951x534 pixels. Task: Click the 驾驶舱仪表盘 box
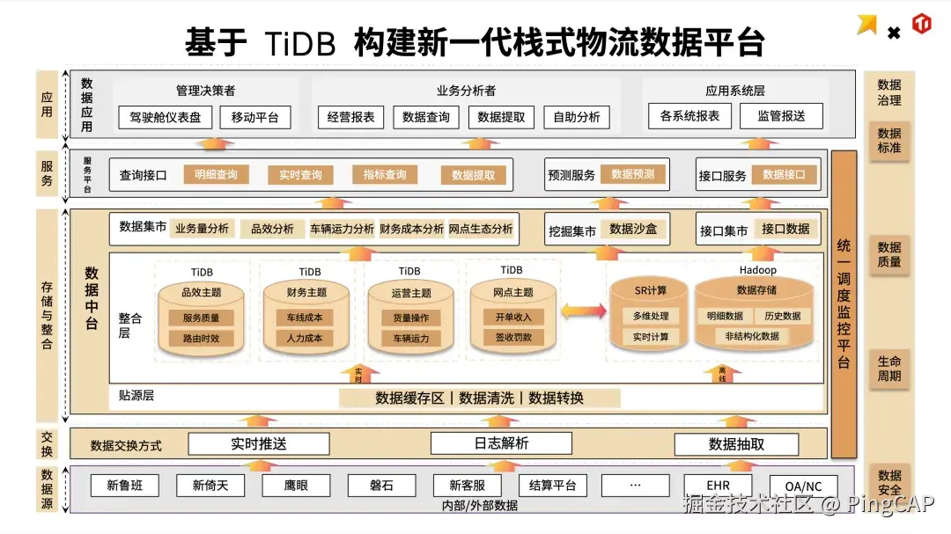pos(166,117)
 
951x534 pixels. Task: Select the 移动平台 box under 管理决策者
pos(254,117)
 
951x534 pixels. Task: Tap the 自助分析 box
pos(577,117)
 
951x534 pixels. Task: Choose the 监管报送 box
pos(781,116)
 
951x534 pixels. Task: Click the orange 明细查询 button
pos(216,175)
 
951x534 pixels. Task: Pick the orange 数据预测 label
pos(633,174)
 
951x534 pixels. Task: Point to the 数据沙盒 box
pos(633,230)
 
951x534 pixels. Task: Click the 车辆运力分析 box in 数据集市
pos(342,229)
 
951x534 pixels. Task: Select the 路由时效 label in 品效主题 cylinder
pos(201,338)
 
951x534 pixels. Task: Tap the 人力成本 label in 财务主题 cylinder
pos(305,338)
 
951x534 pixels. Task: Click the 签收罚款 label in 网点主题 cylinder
pos(513,337)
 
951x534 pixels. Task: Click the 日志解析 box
pos(500,443)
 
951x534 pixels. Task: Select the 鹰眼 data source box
pos(296,485)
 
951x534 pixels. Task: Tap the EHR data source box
pos(718,485)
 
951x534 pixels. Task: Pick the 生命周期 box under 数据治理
pos(888,369)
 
